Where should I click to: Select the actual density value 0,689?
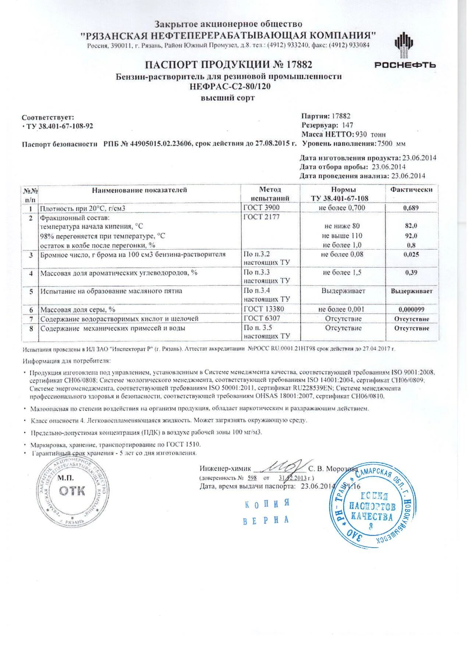coord(411,208)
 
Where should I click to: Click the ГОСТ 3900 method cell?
coord(262,208)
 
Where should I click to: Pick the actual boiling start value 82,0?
coord(411,226)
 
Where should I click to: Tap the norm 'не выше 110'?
coord(342,236)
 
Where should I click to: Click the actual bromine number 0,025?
coord(411,254)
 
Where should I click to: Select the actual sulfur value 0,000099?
coord(411,309)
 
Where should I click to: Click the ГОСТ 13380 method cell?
coord(264,309)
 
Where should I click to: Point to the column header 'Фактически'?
coord(411,190)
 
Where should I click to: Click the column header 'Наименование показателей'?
coord(139,190)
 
